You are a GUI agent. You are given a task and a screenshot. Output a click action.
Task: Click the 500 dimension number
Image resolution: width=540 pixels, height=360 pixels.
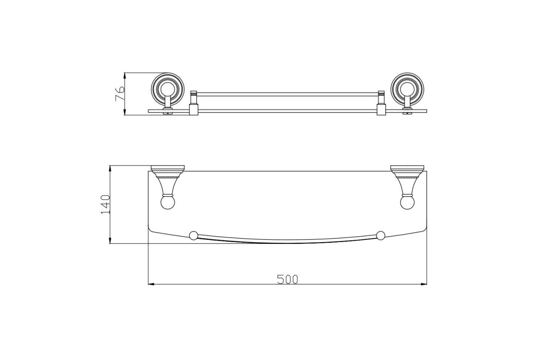tap(288, 279)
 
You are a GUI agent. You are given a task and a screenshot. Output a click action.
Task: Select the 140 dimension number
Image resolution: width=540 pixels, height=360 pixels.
tap(105, 204)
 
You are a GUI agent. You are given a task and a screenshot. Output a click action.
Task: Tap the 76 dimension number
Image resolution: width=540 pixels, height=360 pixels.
tap(120, 94)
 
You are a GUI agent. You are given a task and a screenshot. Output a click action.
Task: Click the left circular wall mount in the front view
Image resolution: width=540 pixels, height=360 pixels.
tap(167, 89)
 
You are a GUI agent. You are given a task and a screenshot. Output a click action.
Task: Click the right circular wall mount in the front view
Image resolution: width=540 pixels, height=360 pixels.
tap(407, 89)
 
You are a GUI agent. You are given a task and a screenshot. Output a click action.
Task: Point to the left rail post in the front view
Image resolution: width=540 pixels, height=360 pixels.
tap(194, 103)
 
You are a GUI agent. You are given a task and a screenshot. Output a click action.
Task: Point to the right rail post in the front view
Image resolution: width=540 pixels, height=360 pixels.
tap(381, 103)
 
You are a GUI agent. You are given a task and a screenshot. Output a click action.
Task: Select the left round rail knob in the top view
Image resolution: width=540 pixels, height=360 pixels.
tap(193, 236)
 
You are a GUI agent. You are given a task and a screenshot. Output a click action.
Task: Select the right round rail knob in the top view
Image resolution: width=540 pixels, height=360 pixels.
tap(381, 236)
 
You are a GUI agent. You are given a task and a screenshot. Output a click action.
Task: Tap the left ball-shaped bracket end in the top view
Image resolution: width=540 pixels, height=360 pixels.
tap(167, 203)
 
